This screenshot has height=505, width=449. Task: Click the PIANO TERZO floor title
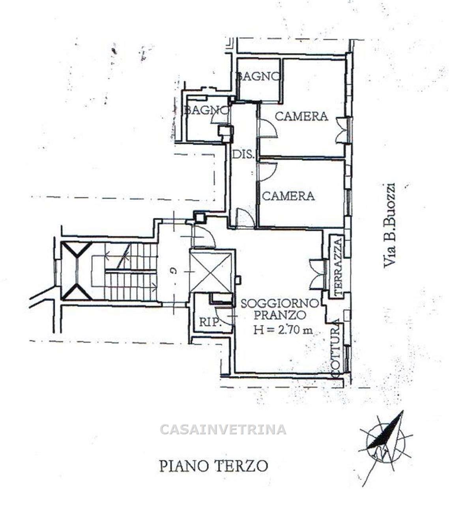(213, 466)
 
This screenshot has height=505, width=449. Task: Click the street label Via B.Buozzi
(389, 226)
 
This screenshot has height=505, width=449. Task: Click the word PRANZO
(280, 315)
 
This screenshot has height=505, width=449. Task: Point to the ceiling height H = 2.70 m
(283, 330)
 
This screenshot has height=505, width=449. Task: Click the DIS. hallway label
(243, 155)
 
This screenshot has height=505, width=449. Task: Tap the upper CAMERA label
(301, 116)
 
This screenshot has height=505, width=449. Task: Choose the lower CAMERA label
(288, 196)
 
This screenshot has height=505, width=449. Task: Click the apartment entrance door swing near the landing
(204, 237)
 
